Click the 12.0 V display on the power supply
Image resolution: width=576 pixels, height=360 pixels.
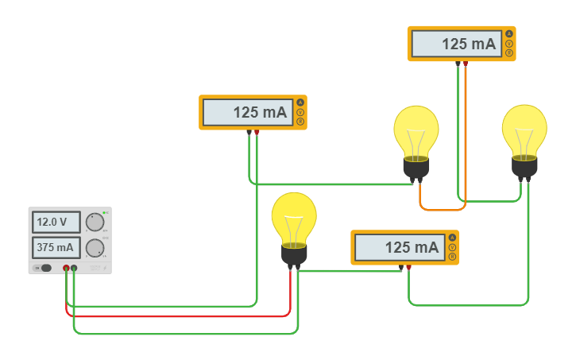(x=55, y=221)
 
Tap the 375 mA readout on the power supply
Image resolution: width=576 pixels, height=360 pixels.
(x=55, y=247)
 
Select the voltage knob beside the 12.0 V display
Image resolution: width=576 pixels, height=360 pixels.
(x=95, y=222)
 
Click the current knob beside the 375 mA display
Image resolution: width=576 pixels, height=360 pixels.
(x=95, y=248)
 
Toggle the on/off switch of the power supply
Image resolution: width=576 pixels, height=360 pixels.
(x=46, y=268)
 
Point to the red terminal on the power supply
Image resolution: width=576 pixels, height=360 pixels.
(x=66, y=269)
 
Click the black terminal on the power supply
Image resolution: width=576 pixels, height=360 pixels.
(x=74, y=269)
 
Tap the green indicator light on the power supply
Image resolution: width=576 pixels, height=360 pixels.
(x=104, y=213)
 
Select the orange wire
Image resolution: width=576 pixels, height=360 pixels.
(x=442, y=210)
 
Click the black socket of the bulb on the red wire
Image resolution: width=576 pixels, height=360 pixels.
(x=294, y=254)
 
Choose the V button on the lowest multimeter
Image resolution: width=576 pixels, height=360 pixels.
(x=452, y=247)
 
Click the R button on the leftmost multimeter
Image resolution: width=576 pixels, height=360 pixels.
(x=300, y=122)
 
